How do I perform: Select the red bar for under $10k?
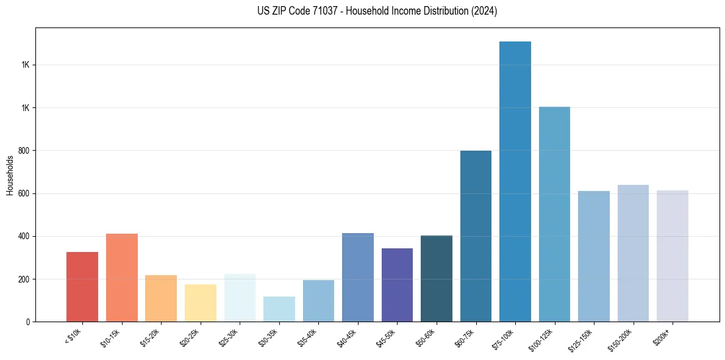[x=82, y=287]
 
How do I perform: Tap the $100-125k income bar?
[x=554, y=214]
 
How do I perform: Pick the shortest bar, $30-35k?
[x=279, y=309]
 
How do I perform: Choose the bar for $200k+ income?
[x=672, y=256]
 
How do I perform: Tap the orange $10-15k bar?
[x=122, y=278]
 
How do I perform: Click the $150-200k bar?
[x=633, y=253]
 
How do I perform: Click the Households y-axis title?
[x=10, y=175]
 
